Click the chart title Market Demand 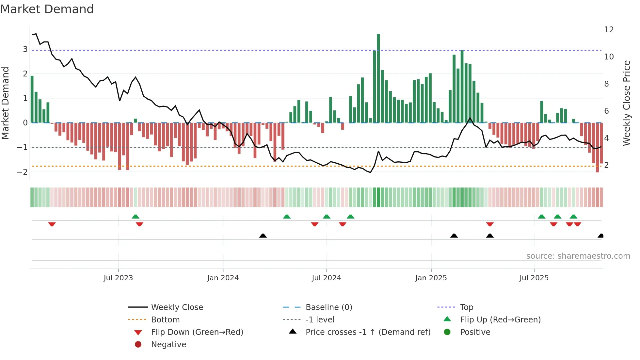(47, 9)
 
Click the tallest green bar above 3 (378, 78)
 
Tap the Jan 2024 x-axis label (223, 278)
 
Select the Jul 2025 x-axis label (534, 278)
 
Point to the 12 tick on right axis (609, 30)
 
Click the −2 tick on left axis (22, 172)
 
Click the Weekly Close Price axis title (626, 103)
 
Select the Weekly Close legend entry (177, 307)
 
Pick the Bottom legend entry (165, 320)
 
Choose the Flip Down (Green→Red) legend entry (197, 332)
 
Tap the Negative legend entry (168, 345)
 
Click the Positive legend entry (475, 332)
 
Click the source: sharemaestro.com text (578, 256)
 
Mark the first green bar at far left (32, 99)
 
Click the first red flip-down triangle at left (52, 224)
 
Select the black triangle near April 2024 (263, 236)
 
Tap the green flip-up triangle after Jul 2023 (136, 217)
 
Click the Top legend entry (467, 307)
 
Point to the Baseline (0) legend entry (328, 307)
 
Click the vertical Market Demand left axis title (5, 103)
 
